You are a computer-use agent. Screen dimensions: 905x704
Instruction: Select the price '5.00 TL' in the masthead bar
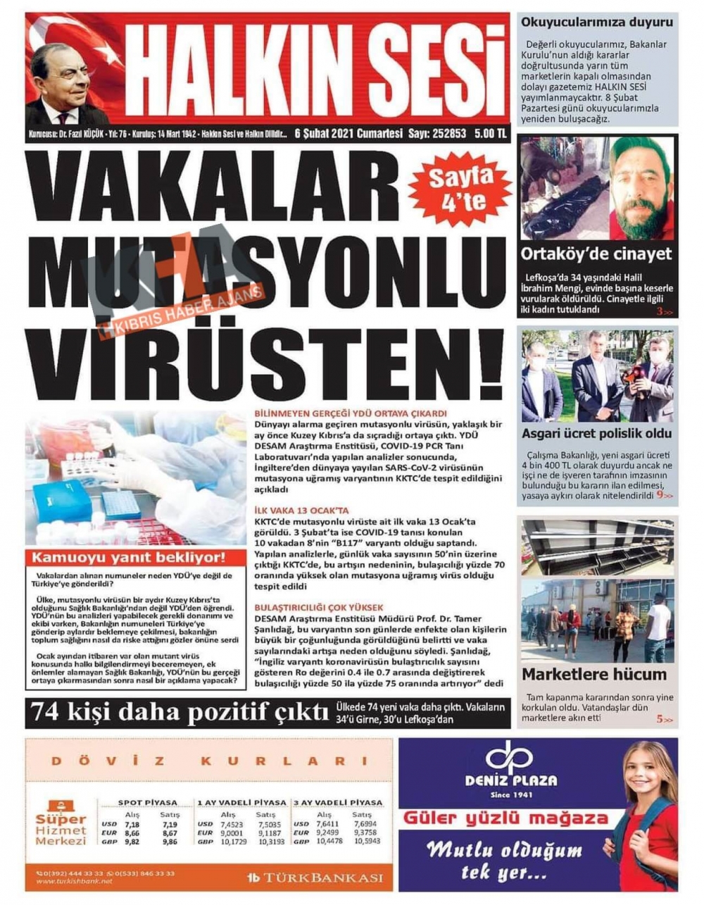[x=490, y=133]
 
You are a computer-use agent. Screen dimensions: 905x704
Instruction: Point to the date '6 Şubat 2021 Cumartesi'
[x=348, y=133]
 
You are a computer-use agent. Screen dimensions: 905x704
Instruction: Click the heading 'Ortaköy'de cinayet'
[x=596, y=254]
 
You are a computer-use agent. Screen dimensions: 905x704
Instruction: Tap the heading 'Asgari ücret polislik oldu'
[x=596, y=434]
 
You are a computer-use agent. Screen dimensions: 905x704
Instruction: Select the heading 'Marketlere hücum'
[x=593, y=674]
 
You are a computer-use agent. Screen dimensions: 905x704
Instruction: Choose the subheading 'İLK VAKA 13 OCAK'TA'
[x=301, y=511]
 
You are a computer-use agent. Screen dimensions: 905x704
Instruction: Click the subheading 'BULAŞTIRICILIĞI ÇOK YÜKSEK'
[x=318, y=606]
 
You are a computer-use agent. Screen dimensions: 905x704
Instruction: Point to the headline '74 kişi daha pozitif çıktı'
[x=178, y=713]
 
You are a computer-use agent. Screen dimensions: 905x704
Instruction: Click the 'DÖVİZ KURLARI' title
[x=209, y=761]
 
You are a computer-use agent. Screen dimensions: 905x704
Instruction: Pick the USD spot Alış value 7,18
[x=132, y=824]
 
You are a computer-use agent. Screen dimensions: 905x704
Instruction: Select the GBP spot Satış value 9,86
[x=169, y=842]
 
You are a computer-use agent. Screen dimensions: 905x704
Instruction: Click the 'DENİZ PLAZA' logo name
[x=510, y=780]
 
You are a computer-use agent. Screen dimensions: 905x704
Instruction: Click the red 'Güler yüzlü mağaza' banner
[x=505, y=818]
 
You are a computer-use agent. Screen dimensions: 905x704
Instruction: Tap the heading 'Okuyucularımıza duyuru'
[x=596, y=22]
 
